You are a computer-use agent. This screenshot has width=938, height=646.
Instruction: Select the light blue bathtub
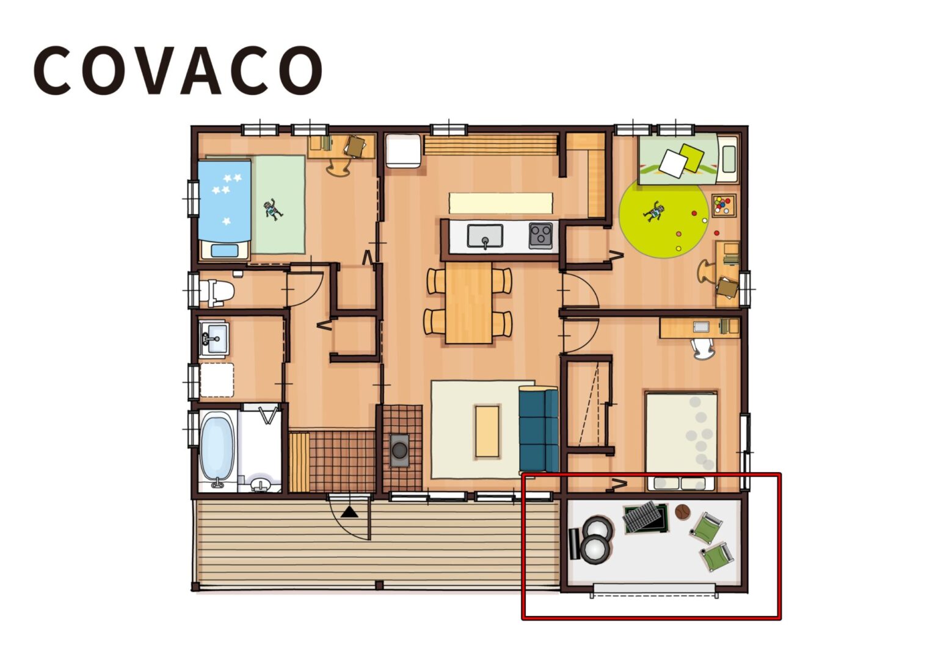click(217, 447)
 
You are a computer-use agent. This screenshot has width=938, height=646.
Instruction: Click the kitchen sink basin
click(485, 235)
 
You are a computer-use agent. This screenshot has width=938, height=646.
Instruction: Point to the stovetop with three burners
click(540, 235)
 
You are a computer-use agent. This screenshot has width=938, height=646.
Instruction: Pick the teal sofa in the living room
click(538, 429)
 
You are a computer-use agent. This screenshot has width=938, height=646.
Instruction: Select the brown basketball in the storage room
click(682, 512)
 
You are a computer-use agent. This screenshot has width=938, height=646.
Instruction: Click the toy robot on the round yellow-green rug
click(655, 212)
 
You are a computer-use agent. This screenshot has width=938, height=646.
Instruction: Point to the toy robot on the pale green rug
click(273, 209)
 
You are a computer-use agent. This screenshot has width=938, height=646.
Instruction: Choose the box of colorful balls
click(724, 205)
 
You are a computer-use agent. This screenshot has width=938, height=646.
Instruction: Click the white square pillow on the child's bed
click(673, 163)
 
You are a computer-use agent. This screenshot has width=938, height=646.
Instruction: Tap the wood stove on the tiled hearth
click(399, 450)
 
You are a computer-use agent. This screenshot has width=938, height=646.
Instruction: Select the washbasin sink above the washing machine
click(214, 337)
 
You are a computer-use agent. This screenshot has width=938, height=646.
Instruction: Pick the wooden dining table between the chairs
click(468, 303)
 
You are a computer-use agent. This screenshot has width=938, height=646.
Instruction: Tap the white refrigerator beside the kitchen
click(402, 150)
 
